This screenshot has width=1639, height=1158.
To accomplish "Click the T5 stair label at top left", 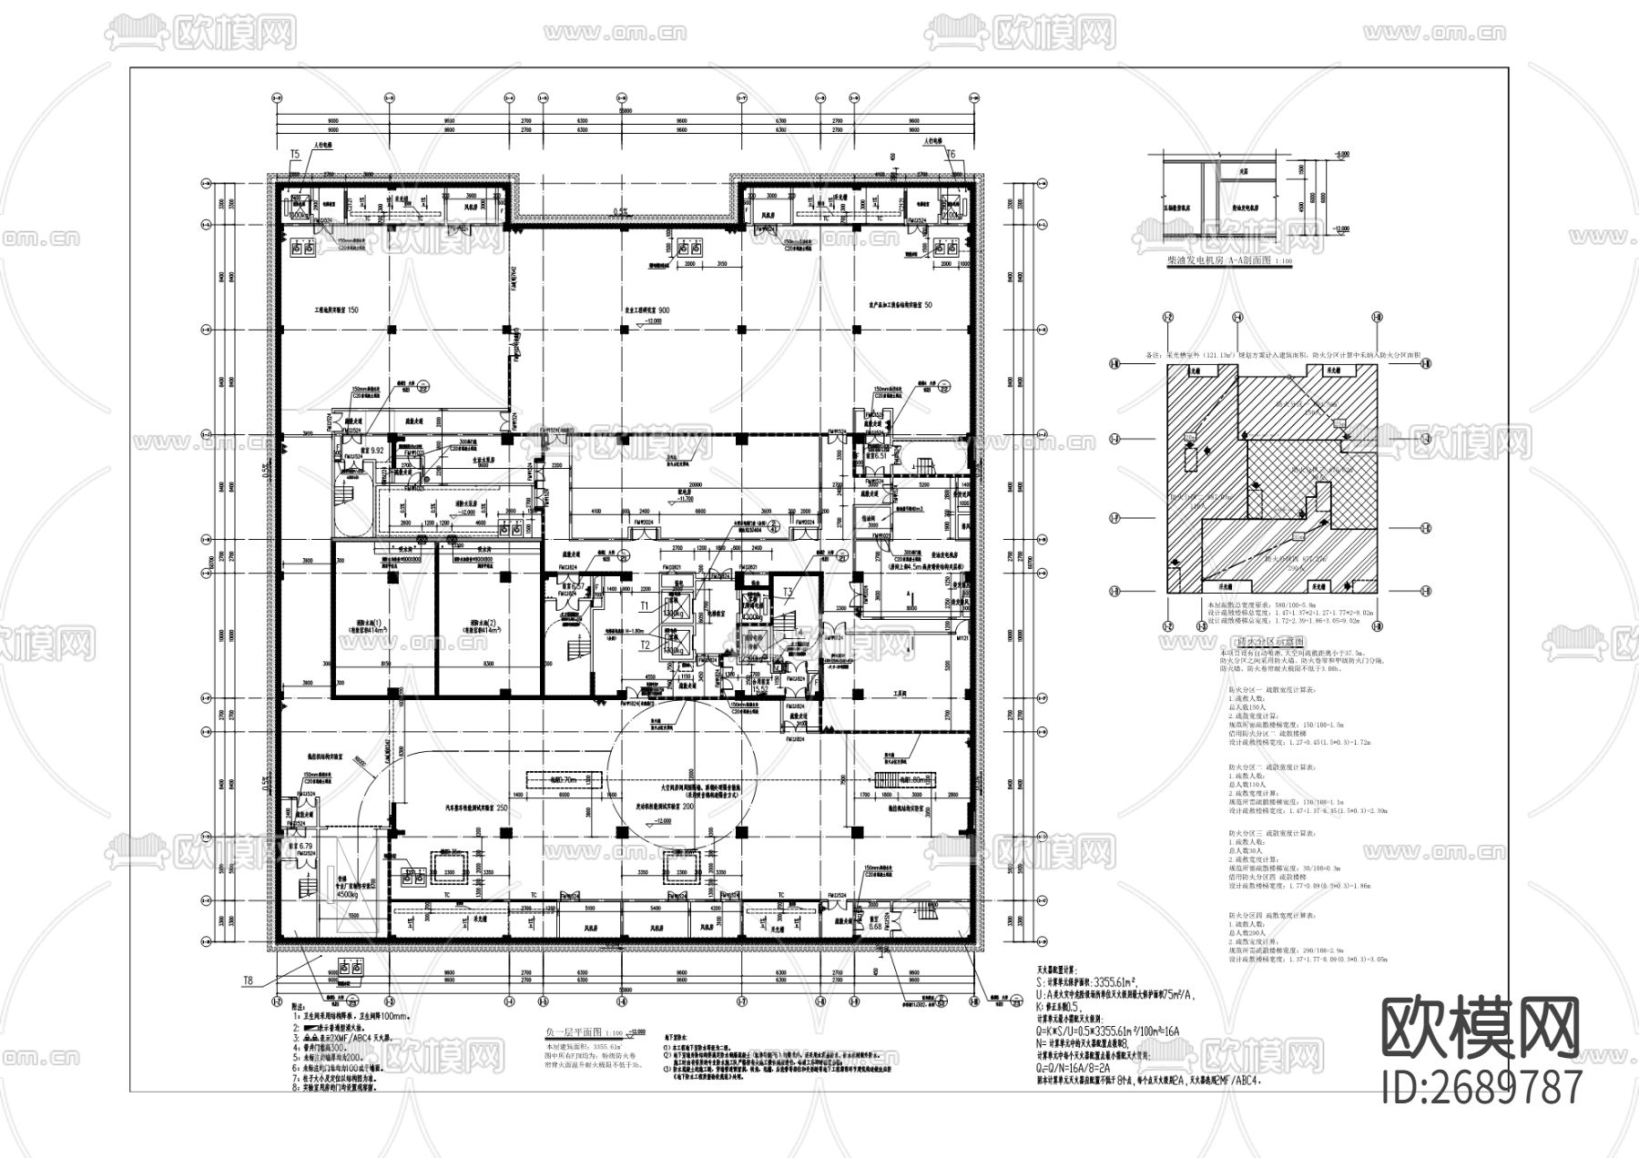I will (294, 155).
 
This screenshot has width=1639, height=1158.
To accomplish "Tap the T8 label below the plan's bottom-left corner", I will (247, 981).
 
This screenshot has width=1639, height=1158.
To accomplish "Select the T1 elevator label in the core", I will (645, 604).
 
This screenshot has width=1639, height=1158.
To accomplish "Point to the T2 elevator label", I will (645, 645).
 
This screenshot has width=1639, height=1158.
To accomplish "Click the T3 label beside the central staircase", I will (788, 591).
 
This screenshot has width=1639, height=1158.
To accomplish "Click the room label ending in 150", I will (336, 310).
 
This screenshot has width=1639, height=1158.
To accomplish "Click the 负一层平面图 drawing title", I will (572, 1033).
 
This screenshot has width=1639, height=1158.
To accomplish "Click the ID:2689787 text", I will (1482, 1087).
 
